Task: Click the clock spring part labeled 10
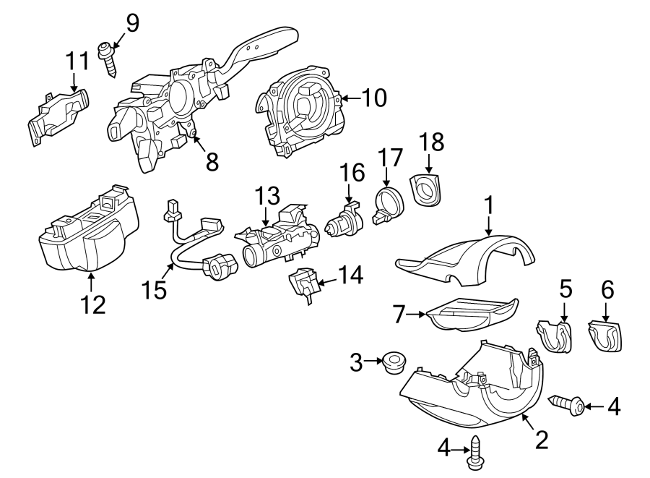coord(299,116)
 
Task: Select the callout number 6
coord(607,290)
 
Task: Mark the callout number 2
coord(540,439)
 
